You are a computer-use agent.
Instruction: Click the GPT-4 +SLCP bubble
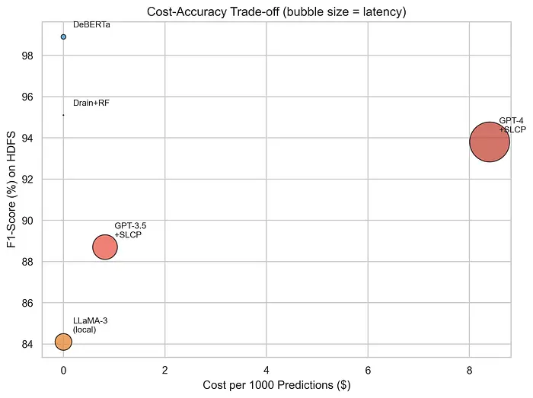489,142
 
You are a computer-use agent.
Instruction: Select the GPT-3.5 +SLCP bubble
105,247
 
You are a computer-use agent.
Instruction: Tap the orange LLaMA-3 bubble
63,342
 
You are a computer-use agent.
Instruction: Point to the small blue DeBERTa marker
63,37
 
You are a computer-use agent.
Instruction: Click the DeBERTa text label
91,25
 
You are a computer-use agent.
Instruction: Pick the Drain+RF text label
91,103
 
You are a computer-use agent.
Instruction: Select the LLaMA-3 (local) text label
90,325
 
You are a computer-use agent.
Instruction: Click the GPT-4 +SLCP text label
512,125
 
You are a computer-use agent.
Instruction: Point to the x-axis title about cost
276,386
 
